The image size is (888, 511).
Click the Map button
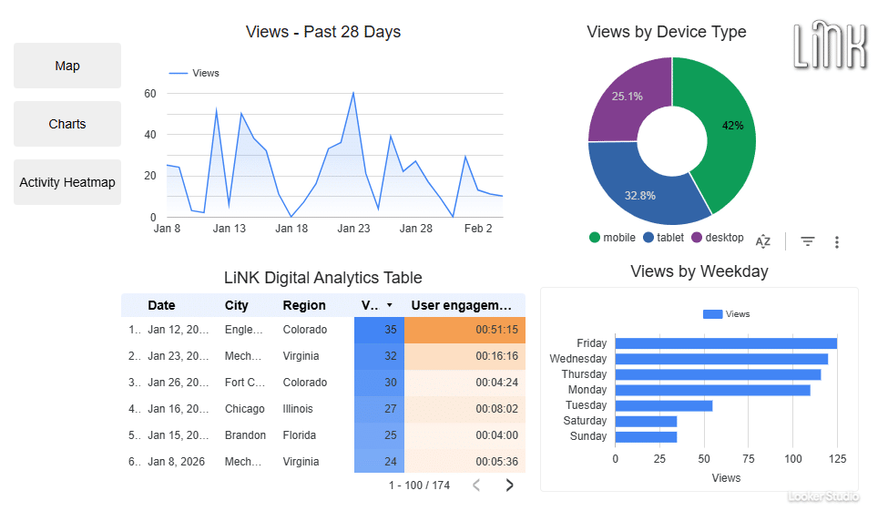67,66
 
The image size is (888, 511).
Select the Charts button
67,124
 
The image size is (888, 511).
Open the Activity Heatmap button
67,182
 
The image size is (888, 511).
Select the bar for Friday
726,343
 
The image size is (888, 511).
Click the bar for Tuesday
663,405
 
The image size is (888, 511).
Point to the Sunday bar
646,436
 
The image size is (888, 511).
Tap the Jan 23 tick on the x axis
353,229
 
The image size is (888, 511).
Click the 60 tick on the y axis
150,94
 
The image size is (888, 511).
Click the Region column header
304,305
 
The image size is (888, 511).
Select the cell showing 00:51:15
464,330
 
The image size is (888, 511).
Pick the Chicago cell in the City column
245,409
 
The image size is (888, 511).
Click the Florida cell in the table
299,435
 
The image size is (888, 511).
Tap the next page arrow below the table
509,485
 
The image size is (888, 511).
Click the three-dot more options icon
837,241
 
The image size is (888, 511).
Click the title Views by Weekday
699,271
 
